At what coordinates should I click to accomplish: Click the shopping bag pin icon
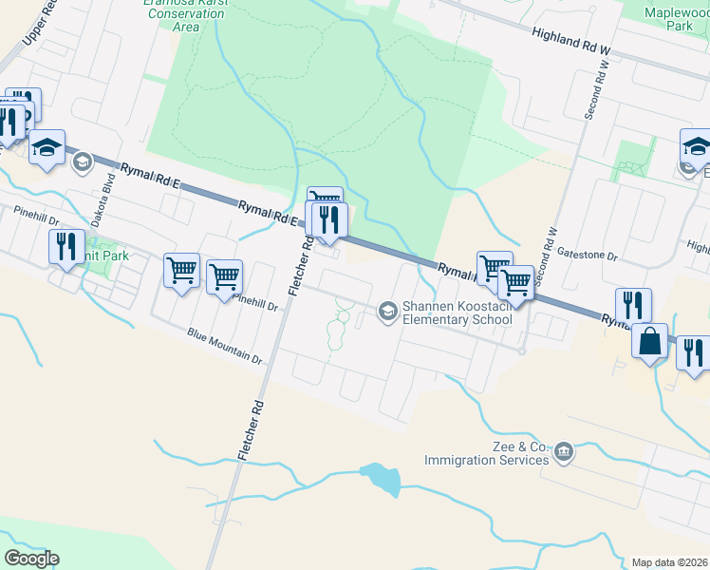(x=652, y=342)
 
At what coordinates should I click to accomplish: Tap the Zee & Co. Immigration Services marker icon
(x=565, y=450)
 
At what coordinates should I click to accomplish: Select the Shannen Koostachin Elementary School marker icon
(x=387, y=311)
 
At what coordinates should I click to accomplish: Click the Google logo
(x=31, y=559)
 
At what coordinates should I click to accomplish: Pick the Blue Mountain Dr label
(x=224, y=346)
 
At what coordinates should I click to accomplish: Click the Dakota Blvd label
(x=95, y=200)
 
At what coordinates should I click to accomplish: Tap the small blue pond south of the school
(x=382, y=478)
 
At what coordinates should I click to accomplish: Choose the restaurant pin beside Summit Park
(x=65, y=246)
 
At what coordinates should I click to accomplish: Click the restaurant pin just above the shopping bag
(x=633, y=306)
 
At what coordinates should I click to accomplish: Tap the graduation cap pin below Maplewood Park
(x=697, y=147)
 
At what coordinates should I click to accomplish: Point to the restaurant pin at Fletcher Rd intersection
(x=329, y=220)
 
